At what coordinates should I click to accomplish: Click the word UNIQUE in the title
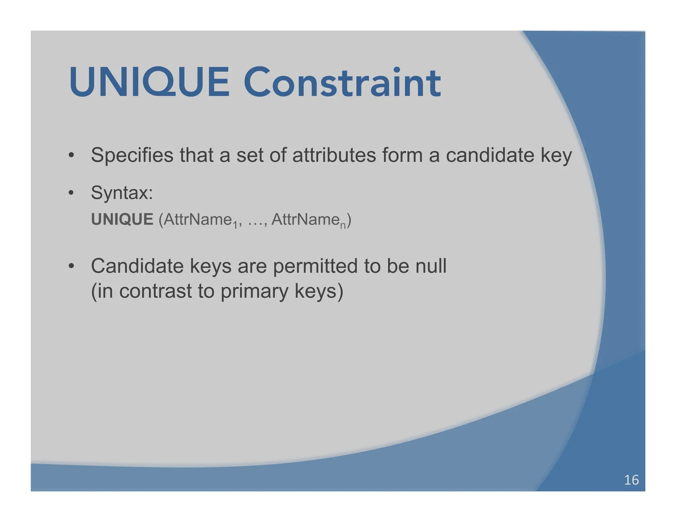click(x=149, y=82)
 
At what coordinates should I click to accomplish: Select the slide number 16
click(x=631, y=480)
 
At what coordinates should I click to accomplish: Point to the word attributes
click(x=334, y=155)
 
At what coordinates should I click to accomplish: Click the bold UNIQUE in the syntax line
click(x=122, y=219)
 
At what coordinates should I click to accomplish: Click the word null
click(x=431, y=266)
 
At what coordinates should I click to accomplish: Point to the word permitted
click(x=315, y=266)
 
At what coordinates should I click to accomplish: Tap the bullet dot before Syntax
click(x=71, y=193)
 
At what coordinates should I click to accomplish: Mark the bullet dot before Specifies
click(x=71, y=155)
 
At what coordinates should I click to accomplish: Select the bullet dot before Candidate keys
click(x=71, y=266)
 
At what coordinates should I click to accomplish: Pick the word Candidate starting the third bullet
click(x=137, y=266)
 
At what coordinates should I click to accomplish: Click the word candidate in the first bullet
click(x=490, y=155)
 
